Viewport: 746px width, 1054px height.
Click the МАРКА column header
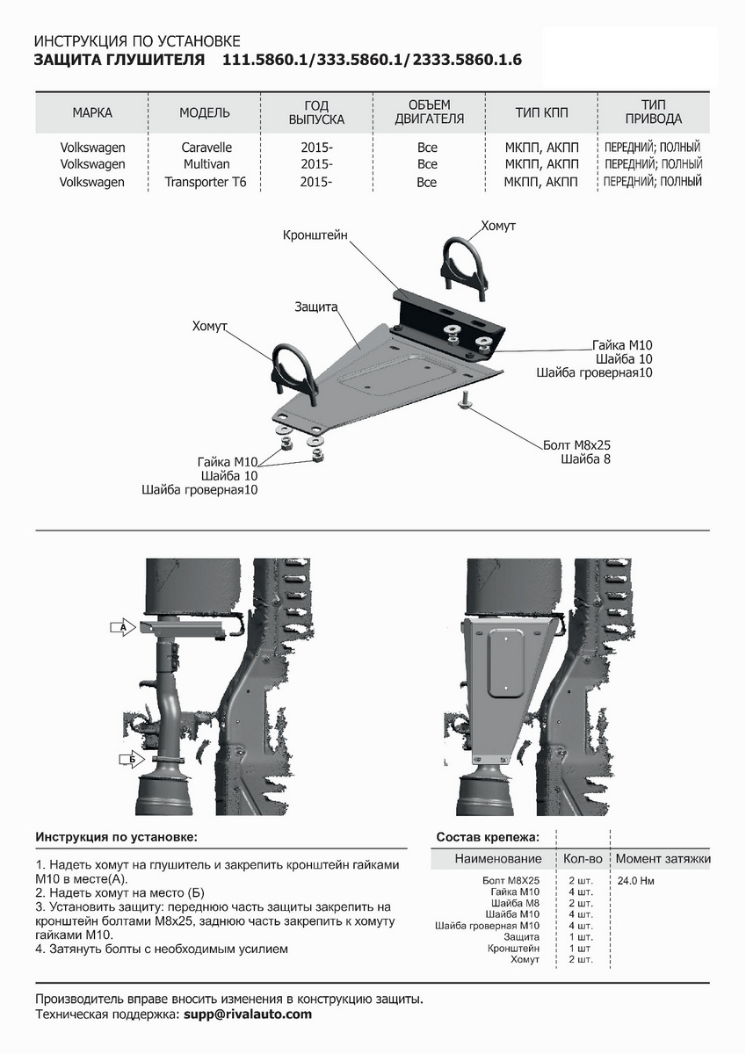point(92,112)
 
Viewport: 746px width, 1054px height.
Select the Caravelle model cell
point(206,148)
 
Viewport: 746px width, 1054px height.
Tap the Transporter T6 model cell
point(206,183)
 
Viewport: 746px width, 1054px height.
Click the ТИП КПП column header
point(541,112)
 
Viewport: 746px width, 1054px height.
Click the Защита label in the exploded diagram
point(316,307)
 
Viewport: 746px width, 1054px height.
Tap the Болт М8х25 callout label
point(576,444)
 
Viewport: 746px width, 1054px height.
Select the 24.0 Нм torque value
point(635,880)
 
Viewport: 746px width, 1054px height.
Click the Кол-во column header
point(584,858)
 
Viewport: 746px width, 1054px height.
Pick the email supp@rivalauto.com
point(247,1014)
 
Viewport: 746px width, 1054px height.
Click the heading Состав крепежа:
point(488,837)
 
